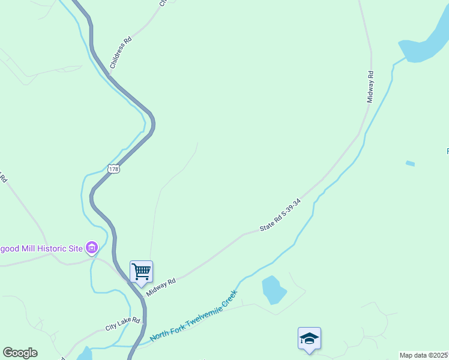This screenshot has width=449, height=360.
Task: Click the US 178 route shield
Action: click(x=114, y=169)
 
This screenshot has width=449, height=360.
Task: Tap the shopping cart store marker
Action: click(x=141, y=272)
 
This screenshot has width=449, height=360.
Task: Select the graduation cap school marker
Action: click(x=309, y=339)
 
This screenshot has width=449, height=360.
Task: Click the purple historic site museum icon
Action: click(x=92, y=247)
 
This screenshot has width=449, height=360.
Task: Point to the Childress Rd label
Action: click(x=121, y=53)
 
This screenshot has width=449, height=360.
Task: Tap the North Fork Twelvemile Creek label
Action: click(x=194, y=316)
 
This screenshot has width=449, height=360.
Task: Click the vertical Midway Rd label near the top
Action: click(x=371, y=87)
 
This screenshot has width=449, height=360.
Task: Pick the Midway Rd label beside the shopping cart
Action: click(x=160, y=287)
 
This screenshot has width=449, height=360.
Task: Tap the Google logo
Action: click(x=20, y=353)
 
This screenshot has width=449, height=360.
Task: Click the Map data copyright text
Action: click(x=424, y=355)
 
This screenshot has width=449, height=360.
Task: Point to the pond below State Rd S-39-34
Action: click(x=273, y=290)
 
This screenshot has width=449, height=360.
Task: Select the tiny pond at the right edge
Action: click(x=410, y=163)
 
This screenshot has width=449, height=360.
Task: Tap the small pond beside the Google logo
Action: click(x=85, y=353)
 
